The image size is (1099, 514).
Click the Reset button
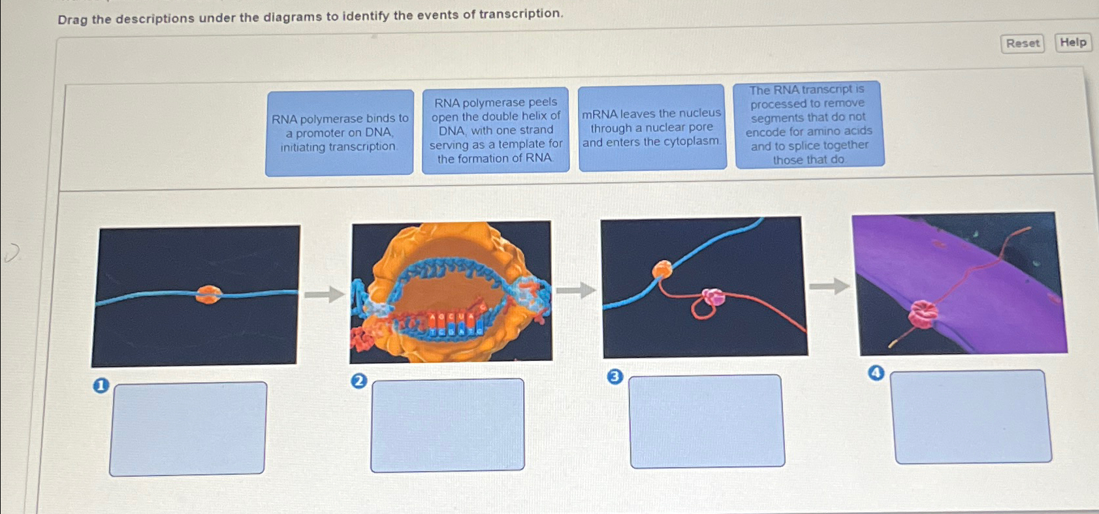(x=1022, y=44)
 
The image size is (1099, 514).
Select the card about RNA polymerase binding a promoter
(x=340, y=133)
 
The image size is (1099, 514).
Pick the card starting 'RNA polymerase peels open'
(x=496, y=130)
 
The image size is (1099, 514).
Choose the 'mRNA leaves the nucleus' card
(x=652, y=128)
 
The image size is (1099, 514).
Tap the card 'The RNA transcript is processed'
(x=809, y=124)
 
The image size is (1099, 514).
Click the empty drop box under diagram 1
(x=188, y=428)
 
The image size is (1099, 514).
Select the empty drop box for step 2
(x=447, y=425)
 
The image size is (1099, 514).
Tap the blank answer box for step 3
(x=707, y=421)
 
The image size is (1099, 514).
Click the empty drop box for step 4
(x=972, y=417)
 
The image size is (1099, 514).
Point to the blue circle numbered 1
(x=101, y=386)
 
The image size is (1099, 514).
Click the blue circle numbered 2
(x=358, y=381)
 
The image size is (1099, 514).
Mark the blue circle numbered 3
(x=614, y=377)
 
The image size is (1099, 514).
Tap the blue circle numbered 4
(x=876, y=373)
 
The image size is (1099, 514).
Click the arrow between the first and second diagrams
(x=325, y=295)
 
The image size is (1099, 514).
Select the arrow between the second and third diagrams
(x=576, y=290)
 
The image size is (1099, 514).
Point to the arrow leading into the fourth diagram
(x=829, y=286)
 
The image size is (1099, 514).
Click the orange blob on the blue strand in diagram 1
(x=208, y=295)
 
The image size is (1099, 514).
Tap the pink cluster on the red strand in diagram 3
(x=713, y=297)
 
